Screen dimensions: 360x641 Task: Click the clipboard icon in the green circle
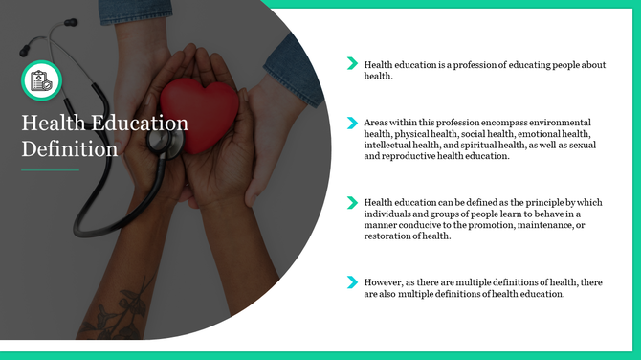pos(41,80)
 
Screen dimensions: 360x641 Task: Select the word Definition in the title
pos(70,149)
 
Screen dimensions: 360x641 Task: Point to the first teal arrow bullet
pos(352,63)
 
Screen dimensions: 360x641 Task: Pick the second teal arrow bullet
pos(352,123)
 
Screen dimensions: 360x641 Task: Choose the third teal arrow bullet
pos(352,202)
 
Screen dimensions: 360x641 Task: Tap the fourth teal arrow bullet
pos(352,281)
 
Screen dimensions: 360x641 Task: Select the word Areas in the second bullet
pos(377,123)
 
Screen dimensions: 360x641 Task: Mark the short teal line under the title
pos(50,170)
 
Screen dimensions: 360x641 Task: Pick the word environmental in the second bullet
pos(562,123)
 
